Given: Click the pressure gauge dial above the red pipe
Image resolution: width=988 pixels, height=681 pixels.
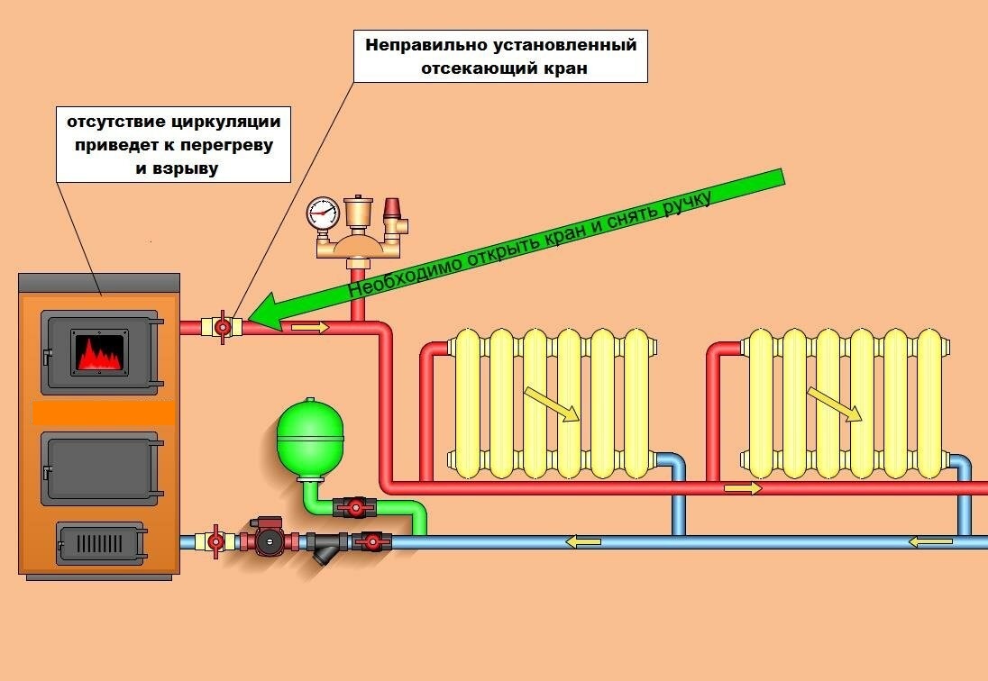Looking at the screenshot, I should click(322, 213).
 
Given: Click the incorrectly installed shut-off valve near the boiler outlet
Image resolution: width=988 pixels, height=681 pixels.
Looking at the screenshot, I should click(222, 326).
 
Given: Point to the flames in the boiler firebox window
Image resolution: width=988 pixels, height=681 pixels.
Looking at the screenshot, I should click(100, 351).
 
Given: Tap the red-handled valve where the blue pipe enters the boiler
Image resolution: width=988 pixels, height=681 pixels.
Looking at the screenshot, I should click(215, 541).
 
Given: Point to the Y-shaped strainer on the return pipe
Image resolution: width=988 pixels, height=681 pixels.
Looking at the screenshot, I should click(324, 547).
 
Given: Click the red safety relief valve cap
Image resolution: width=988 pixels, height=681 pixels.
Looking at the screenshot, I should click(393, 209).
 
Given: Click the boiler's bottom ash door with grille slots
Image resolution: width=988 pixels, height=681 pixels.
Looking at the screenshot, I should click(100, 543).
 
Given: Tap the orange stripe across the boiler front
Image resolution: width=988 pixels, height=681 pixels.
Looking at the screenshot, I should click(99, 413).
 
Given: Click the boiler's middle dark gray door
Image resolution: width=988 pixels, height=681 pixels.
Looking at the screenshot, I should click(99, 468).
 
